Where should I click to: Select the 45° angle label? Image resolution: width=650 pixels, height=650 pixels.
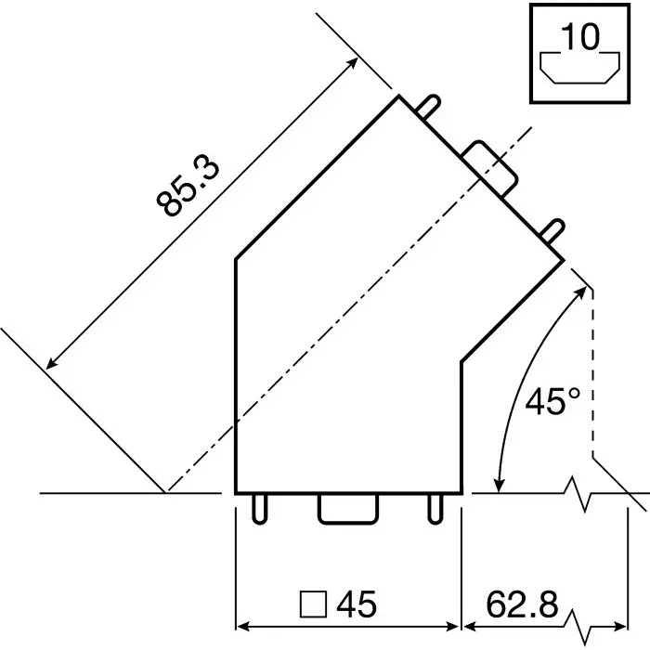552,401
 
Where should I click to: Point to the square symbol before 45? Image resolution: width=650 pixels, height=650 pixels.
313,605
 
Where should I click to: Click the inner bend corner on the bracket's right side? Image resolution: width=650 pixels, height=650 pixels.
461,360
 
